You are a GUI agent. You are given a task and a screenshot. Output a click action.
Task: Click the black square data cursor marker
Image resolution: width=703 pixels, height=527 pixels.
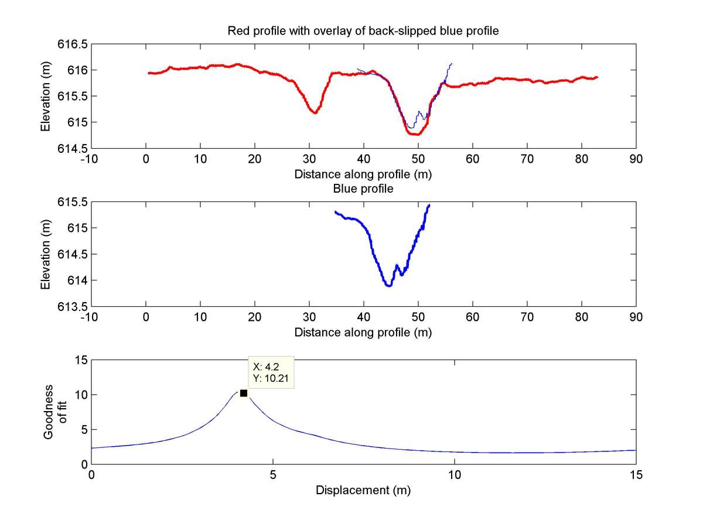[x=244, y=393]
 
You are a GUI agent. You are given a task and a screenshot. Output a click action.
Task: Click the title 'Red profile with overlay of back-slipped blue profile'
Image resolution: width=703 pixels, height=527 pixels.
[x=363, y=31]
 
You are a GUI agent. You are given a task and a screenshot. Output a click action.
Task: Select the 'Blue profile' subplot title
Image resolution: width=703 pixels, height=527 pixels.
[x=363, y=189]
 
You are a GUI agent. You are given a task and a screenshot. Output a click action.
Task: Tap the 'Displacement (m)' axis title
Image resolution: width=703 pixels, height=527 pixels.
[x=363, y=491]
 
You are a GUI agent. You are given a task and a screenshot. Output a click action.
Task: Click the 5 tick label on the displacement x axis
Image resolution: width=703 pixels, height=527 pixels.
[x=272, y=475]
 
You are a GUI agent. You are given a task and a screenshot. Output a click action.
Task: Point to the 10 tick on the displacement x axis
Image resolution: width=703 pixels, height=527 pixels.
[x=455, y=475]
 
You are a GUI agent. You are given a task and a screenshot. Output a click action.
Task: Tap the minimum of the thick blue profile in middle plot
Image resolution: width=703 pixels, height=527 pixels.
[x=388, y=285]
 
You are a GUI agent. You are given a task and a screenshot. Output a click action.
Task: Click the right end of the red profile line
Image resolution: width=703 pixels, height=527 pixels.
[x=597, y=77]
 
